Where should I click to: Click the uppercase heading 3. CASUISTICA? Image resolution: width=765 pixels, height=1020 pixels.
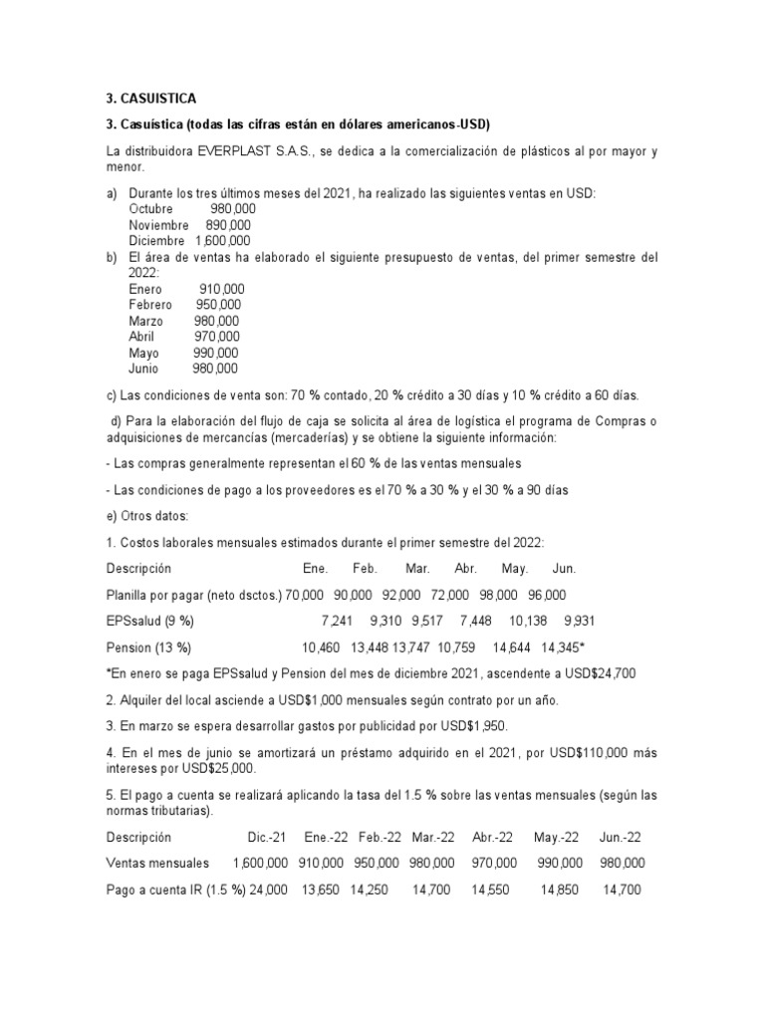pos(151,98)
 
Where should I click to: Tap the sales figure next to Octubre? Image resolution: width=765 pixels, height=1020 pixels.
pos(233,209)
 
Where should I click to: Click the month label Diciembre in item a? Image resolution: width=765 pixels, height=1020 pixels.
pos(156,241)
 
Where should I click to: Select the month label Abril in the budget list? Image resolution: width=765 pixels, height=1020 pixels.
pos(143,337)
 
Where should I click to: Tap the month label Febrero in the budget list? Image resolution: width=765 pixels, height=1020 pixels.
pos(150,305)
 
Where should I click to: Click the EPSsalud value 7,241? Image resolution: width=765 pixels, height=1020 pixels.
pos(338,622)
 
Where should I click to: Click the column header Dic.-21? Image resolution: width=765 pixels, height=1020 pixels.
pos(268,838)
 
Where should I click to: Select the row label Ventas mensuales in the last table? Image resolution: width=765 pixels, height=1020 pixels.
pos(157,864)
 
